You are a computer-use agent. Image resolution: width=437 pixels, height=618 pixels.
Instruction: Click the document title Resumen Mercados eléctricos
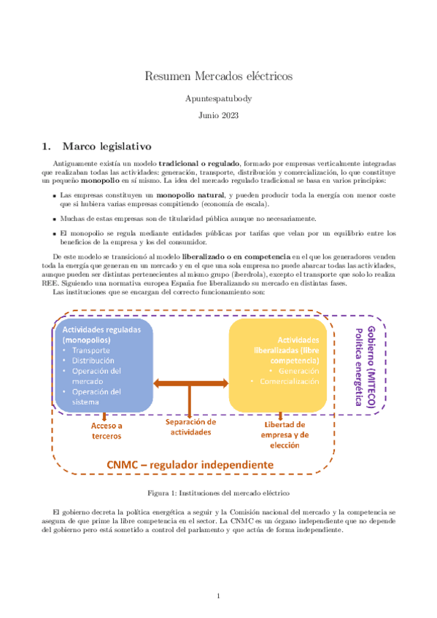click(218, 75)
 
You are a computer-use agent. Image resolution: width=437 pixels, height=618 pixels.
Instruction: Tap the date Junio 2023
click(218, 114)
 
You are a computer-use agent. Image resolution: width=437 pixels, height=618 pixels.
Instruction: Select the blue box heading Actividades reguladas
click(103, 335)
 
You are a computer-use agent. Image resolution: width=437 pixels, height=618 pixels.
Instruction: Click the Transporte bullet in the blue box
click(91, 350)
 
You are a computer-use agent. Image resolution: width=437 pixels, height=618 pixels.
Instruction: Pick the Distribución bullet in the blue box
click(93, 360)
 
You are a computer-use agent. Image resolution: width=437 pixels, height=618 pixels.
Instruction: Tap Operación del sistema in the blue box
click(96, 396)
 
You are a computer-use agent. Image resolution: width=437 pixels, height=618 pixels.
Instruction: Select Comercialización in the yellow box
click(289, 381)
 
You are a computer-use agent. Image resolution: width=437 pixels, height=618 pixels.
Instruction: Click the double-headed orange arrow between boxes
click(190, 383)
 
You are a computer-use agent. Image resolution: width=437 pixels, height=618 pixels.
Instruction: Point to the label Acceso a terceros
click(107, 431)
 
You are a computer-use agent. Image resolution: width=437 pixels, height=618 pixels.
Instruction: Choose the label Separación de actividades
click(190, 427)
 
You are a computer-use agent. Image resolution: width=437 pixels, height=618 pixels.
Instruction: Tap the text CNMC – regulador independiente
click(190, 464)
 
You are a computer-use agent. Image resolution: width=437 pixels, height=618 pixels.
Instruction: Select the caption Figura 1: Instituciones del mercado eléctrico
click(218, 493)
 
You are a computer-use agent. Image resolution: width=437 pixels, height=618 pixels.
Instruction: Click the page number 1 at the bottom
click(218, 595)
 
